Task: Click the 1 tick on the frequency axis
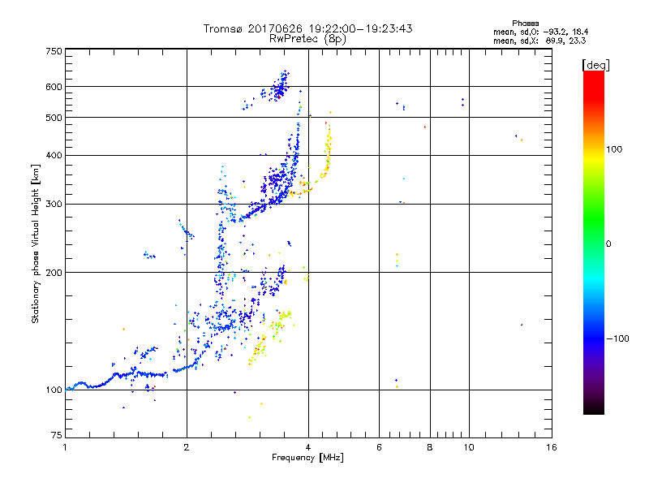click(66, 447)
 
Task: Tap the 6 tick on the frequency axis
click(380, 447)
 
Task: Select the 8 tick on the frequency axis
click(430, 447)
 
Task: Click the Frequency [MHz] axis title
click(307, 459)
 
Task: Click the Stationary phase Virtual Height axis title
click(36, 243)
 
